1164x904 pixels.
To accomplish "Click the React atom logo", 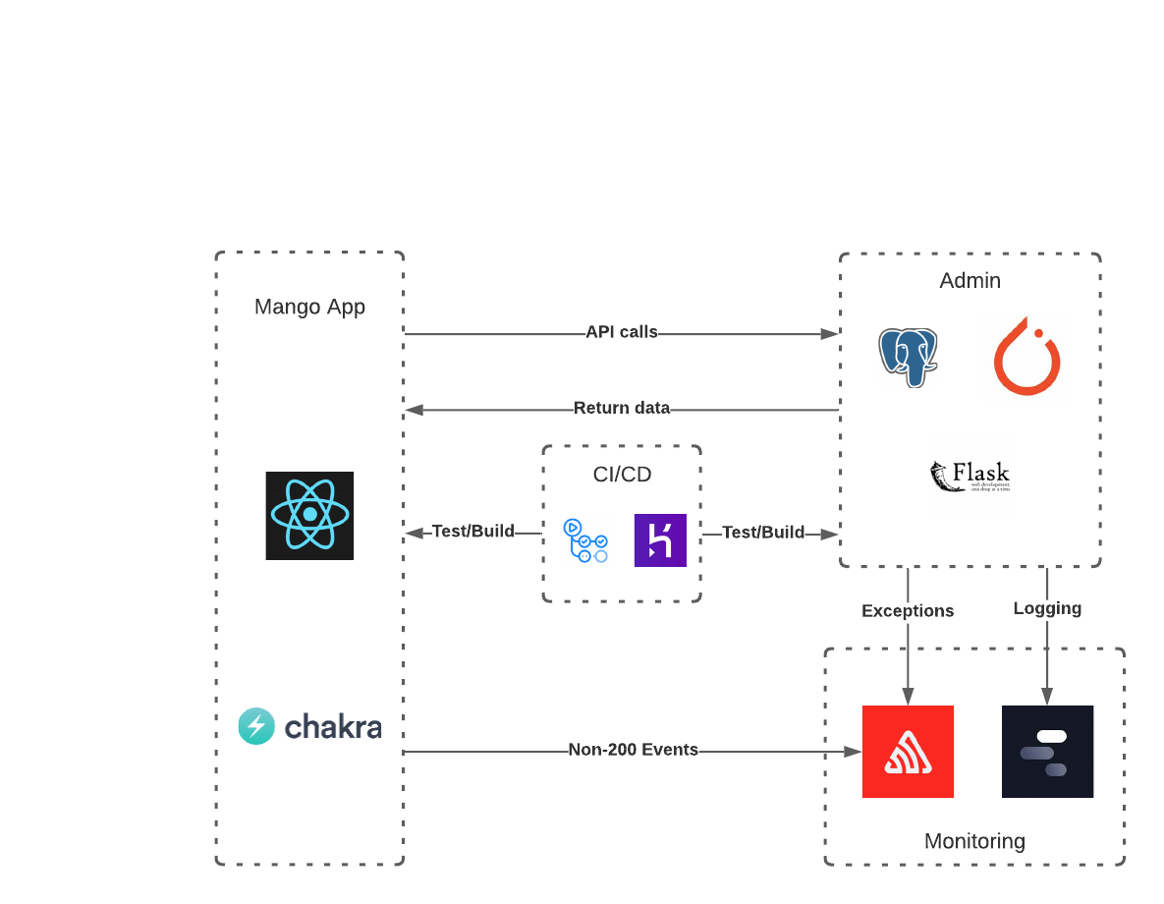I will point(309,515).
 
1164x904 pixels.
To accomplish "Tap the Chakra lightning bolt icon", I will point(256,726).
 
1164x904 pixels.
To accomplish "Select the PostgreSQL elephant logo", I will point(909,357).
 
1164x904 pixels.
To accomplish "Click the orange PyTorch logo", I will point(1026,356).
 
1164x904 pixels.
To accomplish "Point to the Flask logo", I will point(970,477).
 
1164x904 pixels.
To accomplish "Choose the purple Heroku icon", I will point(660,540).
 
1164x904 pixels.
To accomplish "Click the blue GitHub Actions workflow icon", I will point(585,540).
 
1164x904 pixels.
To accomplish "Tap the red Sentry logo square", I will point(908,751).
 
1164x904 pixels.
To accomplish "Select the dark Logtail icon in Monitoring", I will point(1047,751).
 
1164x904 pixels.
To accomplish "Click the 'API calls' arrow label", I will point(621,332).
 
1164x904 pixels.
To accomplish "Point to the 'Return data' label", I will point(621,408).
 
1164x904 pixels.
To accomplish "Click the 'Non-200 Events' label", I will point(633,750).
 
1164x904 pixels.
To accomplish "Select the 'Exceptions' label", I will point(908,610).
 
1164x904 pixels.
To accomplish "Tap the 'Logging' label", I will point(1047,608).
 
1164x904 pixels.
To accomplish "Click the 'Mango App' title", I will point(309,307).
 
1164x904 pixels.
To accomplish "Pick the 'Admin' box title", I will point(970,281).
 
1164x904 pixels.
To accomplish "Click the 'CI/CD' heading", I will point(622,475).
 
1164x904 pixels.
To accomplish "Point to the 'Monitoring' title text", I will point(974,841).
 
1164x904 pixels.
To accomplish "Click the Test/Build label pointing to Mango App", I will point(473,532).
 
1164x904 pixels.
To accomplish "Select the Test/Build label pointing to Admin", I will point(763,533).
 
